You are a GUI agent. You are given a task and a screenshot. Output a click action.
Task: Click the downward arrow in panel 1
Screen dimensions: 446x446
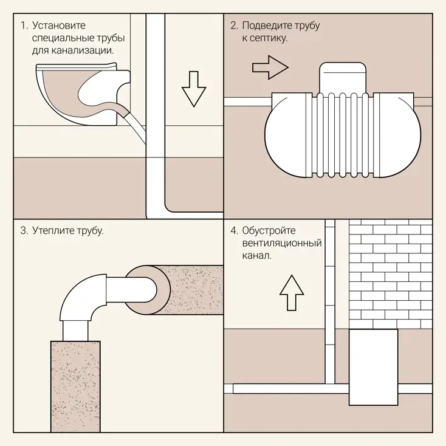(194, 89)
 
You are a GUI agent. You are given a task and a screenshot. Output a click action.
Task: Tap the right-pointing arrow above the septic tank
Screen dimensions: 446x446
(270, 67)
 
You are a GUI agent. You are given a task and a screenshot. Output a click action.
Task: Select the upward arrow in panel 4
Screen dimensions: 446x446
(292, 292)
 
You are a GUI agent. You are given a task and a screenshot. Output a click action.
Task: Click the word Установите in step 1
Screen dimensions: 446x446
(58, 26)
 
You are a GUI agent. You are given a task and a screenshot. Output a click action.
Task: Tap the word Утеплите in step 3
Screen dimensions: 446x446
(52, 230)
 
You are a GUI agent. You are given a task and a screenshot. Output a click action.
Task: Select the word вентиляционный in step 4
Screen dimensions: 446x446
(282, 243)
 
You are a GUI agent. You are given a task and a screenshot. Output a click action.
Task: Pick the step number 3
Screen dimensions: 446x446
(24, 230)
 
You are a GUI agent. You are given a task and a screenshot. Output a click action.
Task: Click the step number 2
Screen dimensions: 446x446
(234, 26)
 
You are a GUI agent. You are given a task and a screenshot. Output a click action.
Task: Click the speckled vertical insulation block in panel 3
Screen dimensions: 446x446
(75, 386)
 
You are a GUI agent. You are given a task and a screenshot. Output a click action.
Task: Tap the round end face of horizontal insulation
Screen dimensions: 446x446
(148, 290)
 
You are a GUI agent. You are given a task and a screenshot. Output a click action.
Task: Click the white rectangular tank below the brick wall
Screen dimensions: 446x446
(373, 367)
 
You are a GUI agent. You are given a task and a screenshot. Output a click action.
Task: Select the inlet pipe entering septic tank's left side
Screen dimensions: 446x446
(248, 102)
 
